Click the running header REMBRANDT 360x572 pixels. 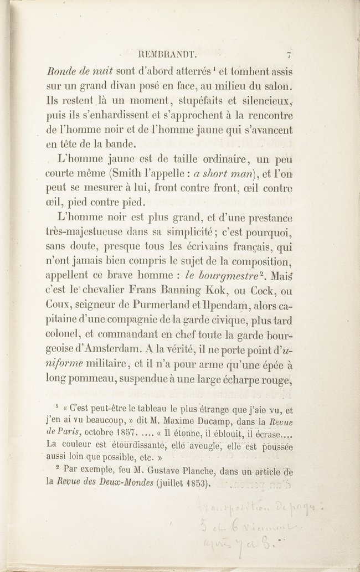click(166, 55)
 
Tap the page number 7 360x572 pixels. click(289, 55)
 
